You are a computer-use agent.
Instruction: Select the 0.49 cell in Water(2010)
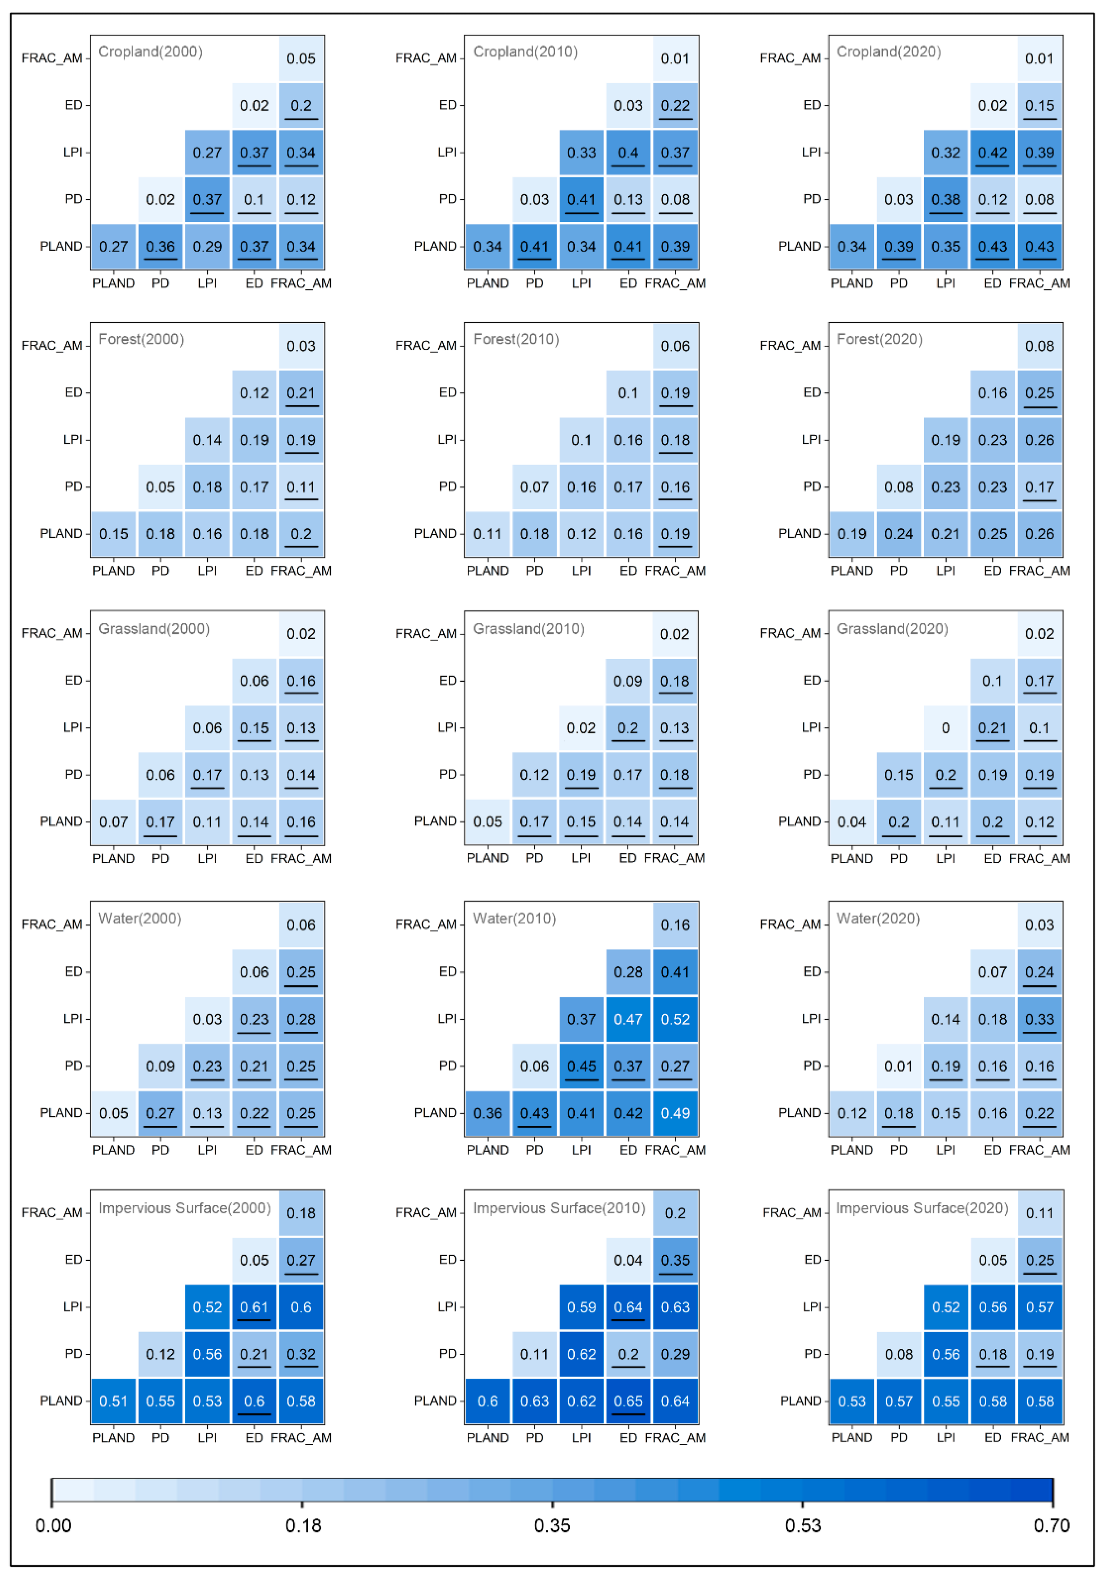tap(674, 1113)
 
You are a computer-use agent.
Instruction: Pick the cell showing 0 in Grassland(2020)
tap(946, 727)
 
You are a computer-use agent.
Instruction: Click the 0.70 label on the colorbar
tap(1051, 1525)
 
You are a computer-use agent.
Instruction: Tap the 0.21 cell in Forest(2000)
tap(300, 393)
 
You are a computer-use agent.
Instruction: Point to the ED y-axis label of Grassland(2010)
tap(447, 680)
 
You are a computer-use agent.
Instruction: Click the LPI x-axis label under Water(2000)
tap(207, 1149)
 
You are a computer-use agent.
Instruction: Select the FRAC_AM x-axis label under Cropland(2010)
tap(674, 283)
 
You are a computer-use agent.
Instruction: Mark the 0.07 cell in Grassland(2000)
tap(113, 821)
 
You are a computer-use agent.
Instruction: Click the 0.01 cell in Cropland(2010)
tap(674, 58)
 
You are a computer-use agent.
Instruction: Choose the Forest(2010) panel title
tap(516, 339)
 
